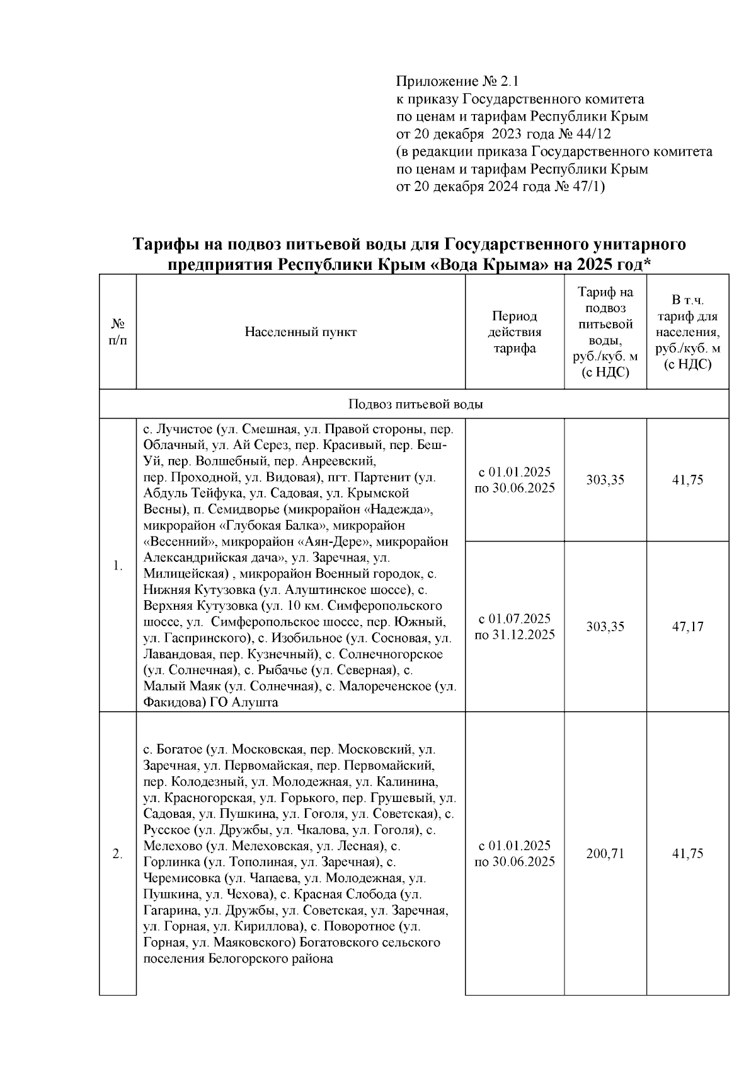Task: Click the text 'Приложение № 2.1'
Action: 457,82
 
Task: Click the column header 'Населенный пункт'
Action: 301,332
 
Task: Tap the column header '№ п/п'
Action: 117,332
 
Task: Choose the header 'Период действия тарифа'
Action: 514,332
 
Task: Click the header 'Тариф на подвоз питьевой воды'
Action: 605,332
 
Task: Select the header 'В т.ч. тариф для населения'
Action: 687,332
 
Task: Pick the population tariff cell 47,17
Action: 687,627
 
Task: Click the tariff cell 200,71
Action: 605,854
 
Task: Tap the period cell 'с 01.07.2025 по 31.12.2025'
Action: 514,627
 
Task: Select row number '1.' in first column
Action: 117,566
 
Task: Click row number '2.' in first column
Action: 117,854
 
